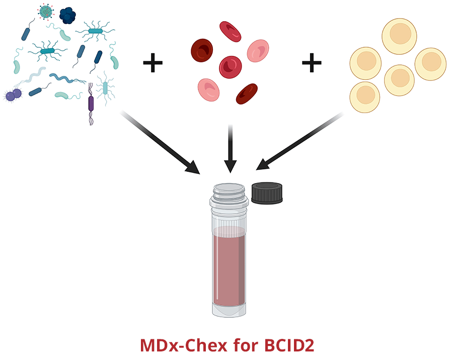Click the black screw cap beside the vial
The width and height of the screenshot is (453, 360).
coord(267,193)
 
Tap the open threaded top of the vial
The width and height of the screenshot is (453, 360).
coord(229,190)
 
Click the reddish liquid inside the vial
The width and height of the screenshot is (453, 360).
coord(229,266)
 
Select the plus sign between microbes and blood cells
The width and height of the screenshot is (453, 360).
coord(153,63)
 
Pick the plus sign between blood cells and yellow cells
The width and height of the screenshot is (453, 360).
coord(312,63)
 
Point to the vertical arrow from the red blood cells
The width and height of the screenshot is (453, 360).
coord(230,148)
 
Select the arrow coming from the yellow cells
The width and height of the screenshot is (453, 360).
coord(299,141)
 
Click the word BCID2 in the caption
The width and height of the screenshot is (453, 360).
coord(289,346)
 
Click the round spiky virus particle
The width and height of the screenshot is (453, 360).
coord(46,12)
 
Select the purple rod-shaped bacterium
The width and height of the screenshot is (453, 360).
coord(91,103)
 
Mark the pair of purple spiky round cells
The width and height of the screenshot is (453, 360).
coord(14,95)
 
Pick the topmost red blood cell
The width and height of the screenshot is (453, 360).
coord(230,31)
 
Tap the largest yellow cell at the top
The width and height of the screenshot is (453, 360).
coord(399,36)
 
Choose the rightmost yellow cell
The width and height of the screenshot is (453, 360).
coord(430,63)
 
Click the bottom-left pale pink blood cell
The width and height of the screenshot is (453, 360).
coord(208,89)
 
